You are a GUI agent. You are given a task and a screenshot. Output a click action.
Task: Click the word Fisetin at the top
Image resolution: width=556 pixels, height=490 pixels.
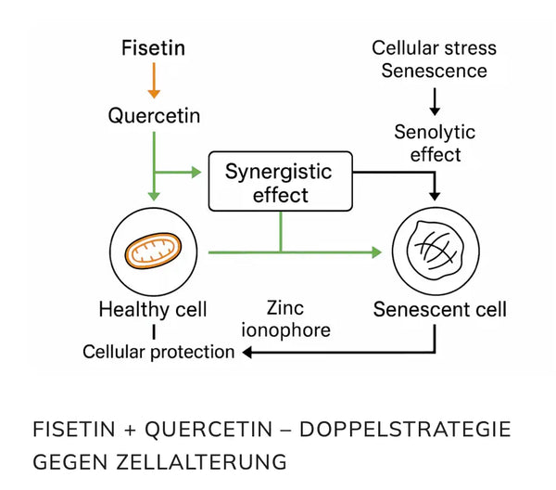pyautogui.click(x=153, y=47)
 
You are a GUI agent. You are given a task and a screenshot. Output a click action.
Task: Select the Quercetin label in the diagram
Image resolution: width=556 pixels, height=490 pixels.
pyautogui.click(x=153, y=116)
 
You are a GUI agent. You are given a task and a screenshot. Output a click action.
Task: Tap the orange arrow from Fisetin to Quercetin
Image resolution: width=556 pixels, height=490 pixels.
pyautogui.click(x=154, y=82)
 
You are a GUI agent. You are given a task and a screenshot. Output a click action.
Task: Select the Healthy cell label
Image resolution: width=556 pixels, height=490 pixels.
pyautogui.click(x=153, y=309)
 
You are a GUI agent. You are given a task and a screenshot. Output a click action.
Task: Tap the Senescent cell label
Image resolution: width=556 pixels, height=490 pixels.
pyautogui.click(x=439, y=309)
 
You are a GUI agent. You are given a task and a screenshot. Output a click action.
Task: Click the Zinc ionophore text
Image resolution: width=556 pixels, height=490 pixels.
pyautogui.click(x=284, y=318)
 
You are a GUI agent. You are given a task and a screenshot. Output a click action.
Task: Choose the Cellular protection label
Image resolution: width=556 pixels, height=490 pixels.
pyautogui.click(x=158, y=352)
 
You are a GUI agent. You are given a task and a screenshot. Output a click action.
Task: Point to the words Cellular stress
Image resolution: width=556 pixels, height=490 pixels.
pyautogui.click(x=434, y=47)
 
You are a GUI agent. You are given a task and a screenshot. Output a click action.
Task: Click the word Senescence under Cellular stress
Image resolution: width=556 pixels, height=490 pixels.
pyautogui.click(x=434, y=71)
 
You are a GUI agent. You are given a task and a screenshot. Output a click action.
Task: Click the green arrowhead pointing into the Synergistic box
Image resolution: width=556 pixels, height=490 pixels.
pyautogui.click(x=195, y=171)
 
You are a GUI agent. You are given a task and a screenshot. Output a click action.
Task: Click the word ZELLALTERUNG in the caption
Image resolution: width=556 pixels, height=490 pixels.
pyautogui.click(x=200, y=460)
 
